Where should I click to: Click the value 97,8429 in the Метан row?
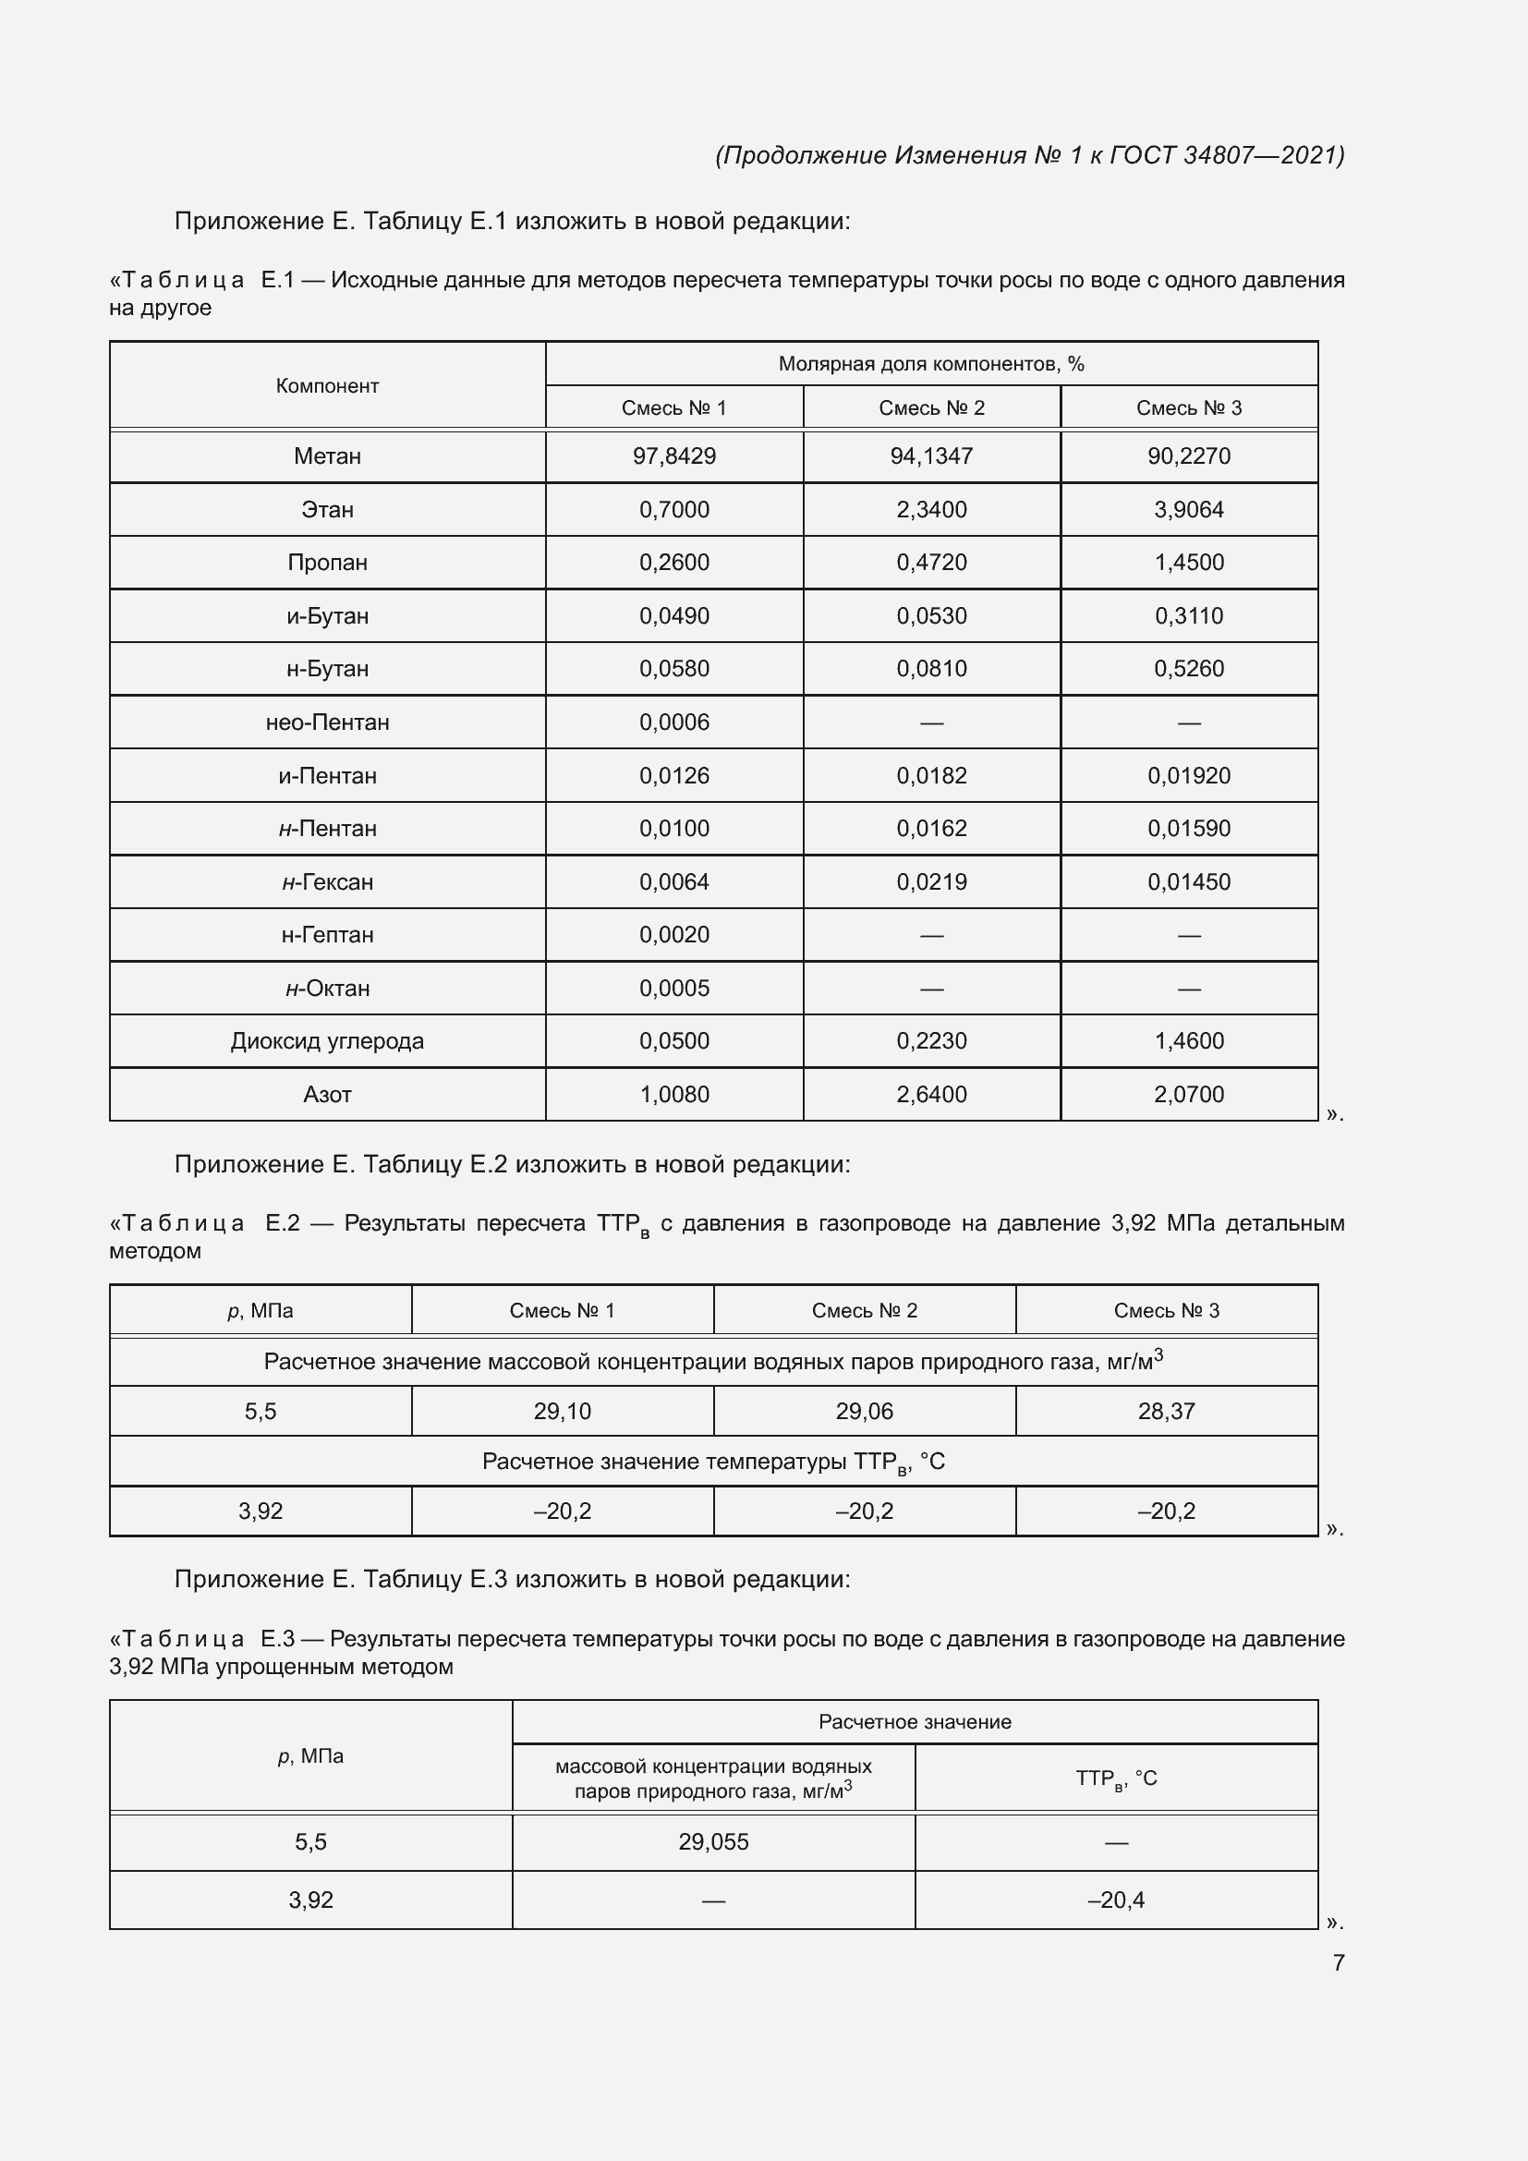click(673, 456)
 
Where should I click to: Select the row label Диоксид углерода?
click(326, 1041)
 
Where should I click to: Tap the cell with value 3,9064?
click(1188, 510)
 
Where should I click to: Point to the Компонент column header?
click(326, 386)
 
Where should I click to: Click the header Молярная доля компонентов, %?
click(930, 364)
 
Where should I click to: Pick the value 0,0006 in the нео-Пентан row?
click(673, 722)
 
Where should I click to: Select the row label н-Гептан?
click(326, 935)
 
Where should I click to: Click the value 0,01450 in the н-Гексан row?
click(1188, 882)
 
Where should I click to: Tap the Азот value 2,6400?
click(930, 1095)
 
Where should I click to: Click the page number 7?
click(1338, 1962)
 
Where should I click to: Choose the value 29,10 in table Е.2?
click(562, 1411)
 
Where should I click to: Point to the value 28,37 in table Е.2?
click(1166, 1411)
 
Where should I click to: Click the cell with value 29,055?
click(713, 1842)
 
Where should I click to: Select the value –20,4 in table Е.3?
click(1116, 1900)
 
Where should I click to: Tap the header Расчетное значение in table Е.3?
click(915, 1721)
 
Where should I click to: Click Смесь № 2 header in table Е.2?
click(864, 1310)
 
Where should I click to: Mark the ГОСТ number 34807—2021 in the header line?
click(1263, 155)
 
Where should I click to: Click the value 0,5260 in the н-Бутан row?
click(1188, 669)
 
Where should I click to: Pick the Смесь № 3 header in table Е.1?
click(1188, 408)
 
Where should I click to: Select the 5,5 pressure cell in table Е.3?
click(310, 1842)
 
